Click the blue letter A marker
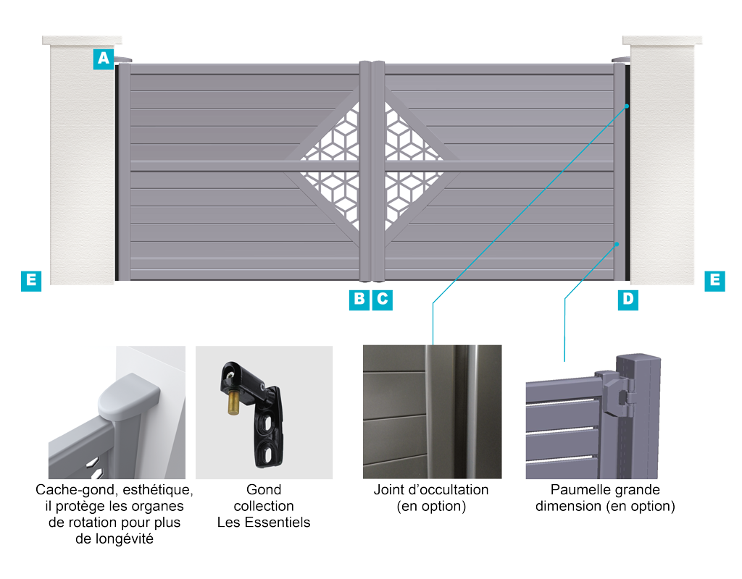[103, 59]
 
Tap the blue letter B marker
[359, 300]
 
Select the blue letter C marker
[383, 300]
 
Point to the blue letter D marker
[628, 300]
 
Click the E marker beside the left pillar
[31, 281]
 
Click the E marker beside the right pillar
[714, 281]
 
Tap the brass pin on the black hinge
[233, 402]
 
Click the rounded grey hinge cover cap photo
[129, 397]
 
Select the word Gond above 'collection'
[264, 490]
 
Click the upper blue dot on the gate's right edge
[627, 106]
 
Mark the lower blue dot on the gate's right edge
[617, 244]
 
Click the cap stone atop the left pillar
[82, 41]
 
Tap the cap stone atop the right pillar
[662, 41]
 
